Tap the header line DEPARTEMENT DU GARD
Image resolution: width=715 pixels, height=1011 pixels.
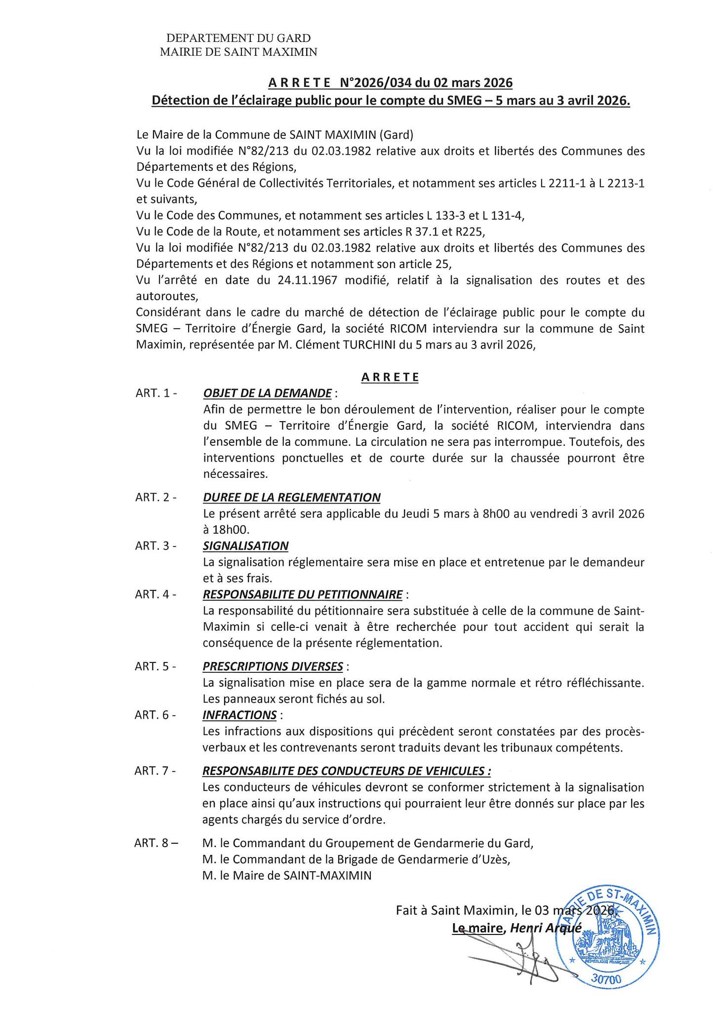coord(238,38)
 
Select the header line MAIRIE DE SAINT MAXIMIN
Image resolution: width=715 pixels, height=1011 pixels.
coord(238,51)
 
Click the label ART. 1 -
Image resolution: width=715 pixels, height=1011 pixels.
coord(156,393)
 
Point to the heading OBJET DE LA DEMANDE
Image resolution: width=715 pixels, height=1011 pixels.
coord(267,393)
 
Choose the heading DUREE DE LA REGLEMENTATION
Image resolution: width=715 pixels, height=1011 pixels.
coord(291,497)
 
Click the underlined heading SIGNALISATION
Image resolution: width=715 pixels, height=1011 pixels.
coord(245,545)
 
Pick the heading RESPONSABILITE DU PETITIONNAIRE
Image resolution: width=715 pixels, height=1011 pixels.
coord(302,594)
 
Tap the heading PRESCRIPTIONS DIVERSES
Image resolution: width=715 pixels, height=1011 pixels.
coord(273,666)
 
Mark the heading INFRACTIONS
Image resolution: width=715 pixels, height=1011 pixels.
coord(239,715)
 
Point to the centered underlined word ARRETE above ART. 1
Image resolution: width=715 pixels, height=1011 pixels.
coord(390,378)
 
